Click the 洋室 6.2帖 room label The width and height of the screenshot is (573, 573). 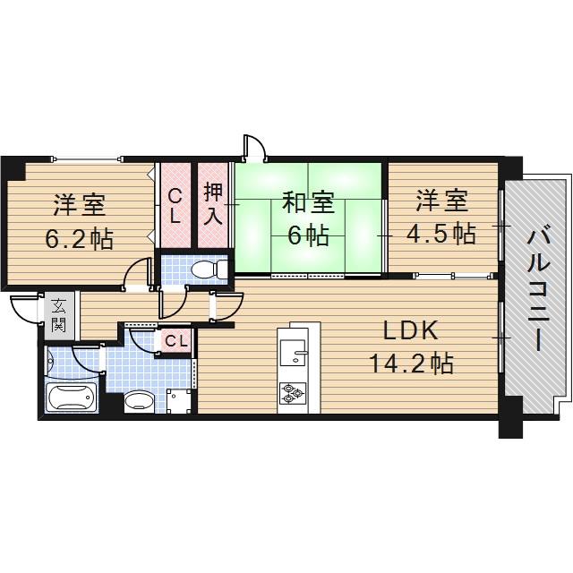[79, 220]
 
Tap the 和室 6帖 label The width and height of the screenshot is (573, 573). [308, 219]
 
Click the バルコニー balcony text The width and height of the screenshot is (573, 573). [536, 291]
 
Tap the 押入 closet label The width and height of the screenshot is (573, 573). [214, 204]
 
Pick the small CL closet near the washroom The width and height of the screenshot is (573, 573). [176, 340]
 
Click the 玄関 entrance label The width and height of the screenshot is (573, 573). [57, 314]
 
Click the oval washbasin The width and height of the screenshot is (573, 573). [138, 401]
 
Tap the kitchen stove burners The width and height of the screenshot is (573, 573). [293, 391]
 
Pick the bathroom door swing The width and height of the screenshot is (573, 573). [89, 359]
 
